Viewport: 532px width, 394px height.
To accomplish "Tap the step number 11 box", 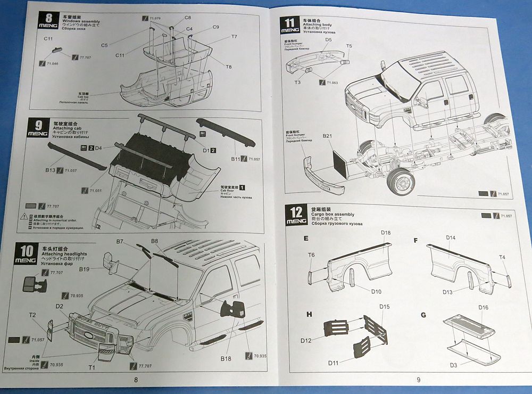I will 290,25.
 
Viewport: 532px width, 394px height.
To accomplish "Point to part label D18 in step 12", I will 386,233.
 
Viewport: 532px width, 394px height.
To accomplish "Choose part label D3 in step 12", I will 454,365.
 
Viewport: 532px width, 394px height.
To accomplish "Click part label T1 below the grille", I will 92,367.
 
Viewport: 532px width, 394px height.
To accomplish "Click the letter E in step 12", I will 306,239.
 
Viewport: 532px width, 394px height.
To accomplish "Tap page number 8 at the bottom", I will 136,380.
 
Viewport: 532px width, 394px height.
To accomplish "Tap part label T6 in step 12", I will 311,256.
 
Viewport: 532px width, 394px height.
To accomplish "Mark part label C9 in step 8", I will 216,27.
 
